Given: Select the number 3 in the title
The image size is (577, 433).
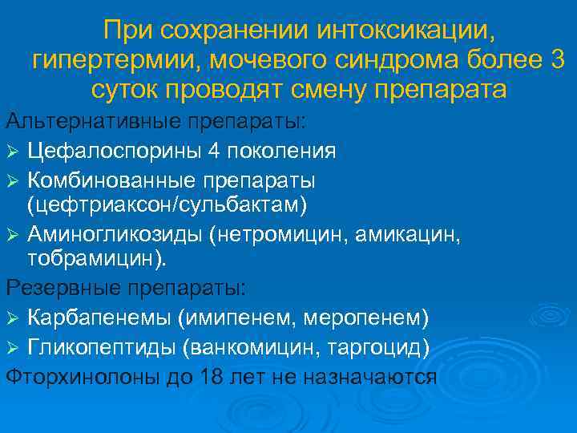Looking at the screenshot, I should pos(556,59).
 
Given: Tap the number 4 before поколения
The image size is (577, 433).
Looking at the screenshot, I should pos(218,150).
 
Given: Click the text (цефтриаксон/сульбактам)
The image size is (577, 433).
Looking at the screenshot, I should pos(167,205).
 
